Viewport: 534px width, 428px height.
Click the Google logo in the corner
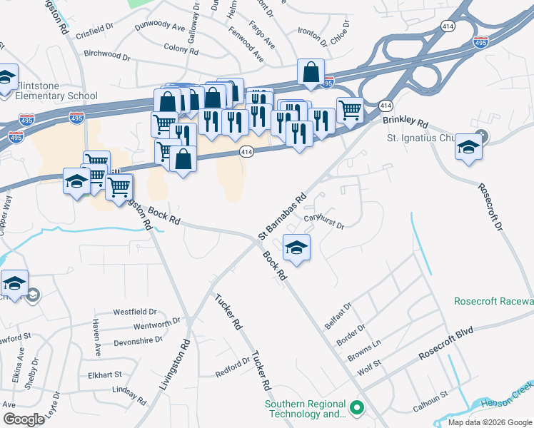pyautogui.click(x=24, y=419)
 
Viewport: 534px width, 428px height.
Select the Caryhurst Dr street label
pyautogui.click(x=324, y=221)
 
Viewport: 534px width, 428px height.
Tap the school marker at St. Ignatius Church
pyautogui.click(x=468, y=148)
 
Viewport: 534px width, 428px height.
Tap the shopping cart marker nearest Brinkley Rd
pyautogui.click(x=349, y=111)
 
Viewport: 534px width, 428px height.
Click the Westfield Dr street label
pyautogui.click(x=135, y=312)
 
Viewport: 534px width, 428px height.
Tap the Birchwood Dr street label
pyautogui.click(x=107, y=54)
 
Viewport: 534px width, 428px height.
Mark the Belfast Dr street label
pyautogui.click(x=337, y=310)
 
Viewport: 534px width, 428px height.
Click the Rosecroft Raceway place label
pyautogui.click(x=493, y=301)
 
